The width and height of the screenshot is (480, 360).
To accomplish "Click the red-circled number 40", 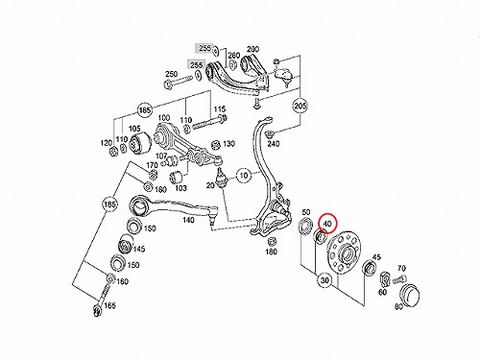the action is pos(327,224).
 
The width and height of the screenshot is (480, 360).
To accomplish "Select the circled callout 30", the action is pos(324,280).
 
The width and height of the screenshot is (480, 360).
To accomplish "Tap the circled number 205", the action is pos(300,106).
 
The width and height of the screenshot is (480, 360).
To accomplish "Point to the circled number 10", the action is pos(244,176).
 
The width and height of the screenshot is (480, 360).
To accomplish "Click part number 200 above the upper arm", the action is pos(252,49).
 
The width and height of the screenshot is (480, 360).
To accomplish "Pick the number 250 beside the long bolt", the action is pos(171,74).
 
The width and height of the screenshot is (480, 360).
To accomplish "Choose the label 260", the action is pos(234,56).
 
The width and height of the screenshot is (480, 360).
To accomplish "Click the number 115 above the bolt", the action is pos(220,109).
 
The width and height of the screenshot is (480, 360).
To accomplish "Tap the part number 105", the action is pos(134,129).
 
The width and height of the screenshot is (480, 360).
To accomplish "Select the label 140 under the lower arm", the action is pos(188,220).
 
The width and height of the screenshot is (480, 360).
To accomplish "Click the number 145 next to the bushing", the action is pos(138,249).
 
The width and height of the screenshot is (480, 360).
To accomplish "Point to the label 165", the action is pos(109,305).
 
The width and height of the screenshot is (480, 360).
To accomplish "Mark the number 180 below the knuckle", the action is pos(271,252).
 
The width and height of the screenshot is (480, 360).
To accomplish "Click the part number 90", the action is pos(398,307).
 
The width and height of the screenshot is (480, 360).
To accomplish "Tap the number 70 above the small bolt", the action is pos(401,268).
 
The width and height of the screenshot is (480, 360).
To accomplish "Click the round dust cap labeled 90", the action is pos(410,293).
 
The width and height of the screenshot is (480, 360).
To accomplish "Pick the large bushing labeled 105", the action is pos(140,142).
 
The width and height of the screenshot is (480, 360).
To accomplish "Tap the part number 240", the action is pos(274,144).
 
